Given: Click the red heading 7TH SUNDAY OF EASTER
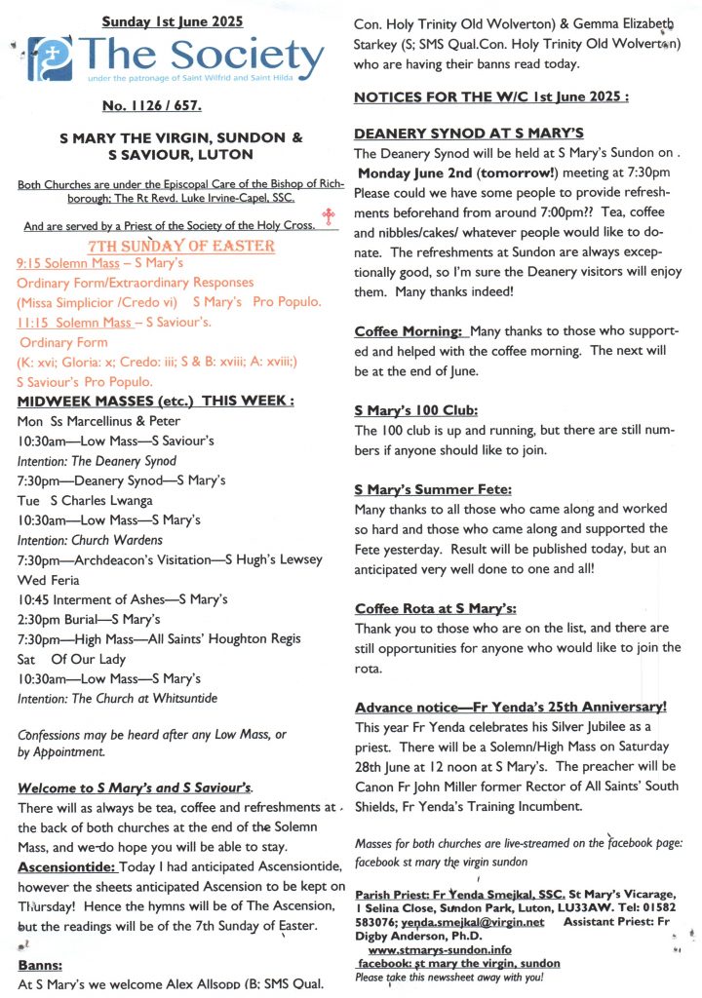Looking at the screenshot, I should (180, 246).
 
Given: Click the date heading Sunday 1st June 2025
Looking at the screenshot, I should (173, 20).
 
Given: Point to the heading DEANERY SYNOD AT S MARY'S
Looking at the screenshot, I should (469, 133).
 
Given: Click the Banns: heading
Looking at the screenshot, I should (40, 965).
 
